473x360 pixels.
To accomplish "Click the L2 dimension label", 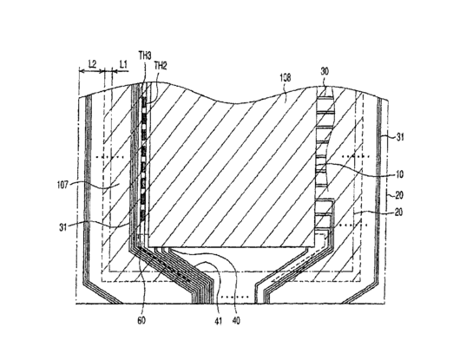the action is pyautogui.click(x=92, y=64).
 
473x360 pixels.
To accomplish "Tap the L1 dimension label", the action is pyautogui.click(x=123, y=64).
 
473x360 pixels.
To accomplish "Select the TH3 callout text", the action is pyautogui.click(x=145, y=56).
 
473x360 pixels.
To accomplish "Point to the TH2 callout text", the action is pyautogui.click(x=161, y=65).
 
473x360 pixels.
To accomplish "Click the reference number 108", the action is pyautogui.click(x=285, y=78).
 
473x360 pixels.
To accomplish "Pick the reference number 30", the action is pyautogui.click(x=325, y=71).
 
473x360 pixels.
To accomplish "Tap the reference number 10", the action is pyautogui.click(x=400, y=174).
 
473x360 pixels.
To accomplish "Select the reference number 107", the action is pyautogui.click(x=63, y=184).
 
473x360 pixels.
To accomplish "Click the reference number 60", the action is pyautogui.click(x=141, y=320).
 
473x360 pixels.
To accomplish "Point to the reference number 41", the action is pyautogui.click(x=218, y=322).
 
